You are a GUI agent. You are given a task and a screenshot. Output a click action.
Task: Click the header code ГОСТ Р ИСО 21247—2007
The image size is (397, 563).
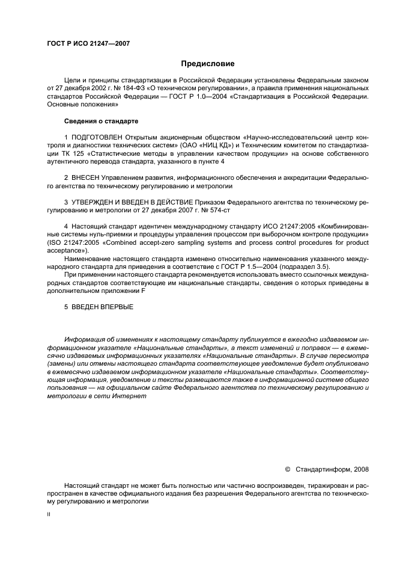click(88, 44)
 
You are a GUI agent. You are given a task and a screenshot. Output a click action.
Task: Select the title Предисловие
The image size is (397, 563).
click(208, 63)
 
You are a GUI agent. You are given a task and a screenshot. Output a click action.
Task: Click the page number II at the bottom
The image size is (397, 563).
click(49, 515)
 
